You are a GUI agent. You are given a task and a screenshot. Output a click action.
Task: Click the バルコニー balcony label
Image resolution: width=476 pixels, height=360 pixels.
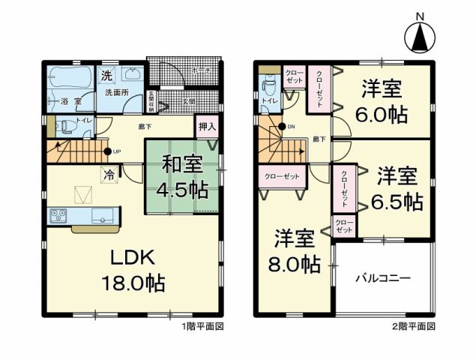(x=383, y=278)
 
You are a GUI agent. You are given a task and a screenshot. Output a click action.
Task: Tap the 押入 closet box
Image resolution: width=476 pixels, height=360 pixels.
(x=206, y=127)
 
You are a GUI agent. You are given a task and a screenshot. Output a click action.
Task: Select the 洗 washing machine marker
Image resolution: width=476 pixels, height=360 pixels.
(x=107, y=76)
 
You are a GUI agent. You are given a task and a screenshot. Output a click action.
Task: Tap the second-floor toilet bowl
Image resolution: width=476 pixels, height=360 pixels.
(x=268, y=103)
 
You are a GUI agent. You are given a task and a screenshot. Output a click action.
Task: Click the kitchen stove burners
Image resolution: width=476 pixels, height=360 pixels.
(x=58, y=216)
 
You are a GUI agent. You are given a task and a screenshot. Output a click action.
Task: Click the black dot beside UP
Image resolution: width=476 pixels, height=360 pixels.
(x=108, y=153)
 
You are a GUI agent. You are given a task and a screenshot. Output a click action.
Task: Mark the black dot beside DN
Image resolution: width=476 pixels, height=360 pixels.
(x=282, y=126)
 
